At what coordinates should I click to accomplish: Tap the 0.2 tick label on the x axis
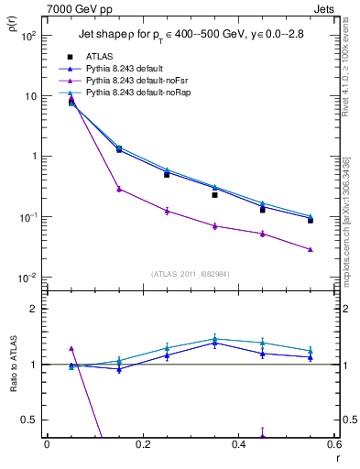click(142, 444)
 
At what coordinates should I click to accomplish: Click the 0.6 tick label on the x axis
click(333, 444)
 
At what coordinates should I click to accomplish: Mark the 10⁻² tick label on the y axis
click(28, 277)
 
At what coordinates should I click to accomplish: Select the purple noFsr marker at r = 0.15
click(119, 189)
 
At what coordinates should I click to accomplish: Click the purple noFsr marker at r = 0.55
click(311, 249)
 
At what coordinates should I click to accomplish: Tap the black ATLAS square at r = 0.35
click(215, 195)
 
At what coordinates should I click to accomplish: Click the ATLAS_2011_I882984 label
click(190, 273)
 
